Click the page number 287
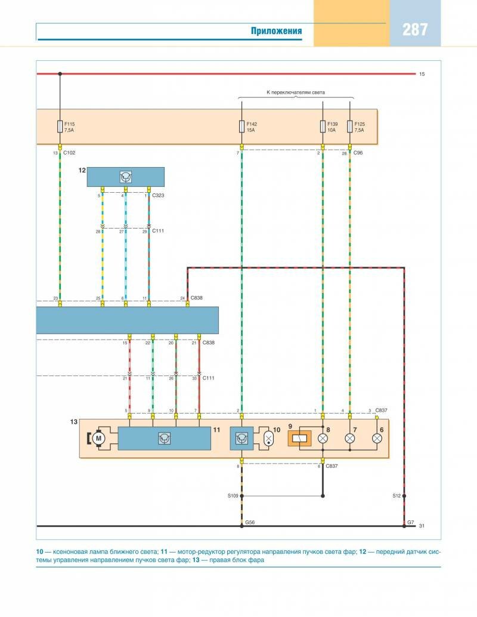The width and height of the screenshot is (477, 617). pos(415,29)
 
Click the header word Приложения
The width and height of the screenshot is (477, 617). pos(276,31)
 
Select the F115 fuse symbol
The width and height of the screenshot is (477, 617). pos(60,127)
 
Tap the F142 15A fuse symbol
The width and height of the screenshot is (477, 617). pos(241,127)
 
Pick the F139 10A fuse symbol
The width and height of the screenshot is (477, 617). pos(323,127)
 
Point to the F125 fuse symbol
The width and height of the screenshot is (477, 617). pos(349,127)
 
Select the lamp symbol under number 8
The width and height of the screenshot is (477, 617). pos(323,439)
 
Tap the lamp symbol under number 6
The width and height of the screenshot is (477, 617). pos(377,439)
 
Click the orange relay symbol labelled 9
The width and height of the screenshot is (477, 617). pos(299,439)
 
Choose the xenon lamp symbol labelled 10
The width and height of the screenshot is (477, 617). pos(269,439)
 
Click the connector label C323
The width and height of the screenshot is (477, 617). pos(158,195)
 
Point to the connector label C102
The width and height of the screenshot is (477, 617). pos(70,153)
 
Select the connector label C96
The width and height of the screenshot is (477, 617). pos(358,153)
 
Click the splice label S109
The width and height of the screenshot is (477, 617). pos(233,495)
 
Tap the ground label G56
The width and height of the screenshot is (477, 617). pos(250,522)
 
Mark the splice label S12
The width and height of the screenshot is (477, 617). pos(397,495)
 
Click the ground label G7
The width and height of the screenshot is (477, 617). pos(410,522)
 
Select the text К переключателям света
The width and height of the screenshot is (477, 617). pos(296,92)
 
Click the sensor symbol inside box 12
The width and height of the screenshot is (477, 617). pos(125,177)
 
